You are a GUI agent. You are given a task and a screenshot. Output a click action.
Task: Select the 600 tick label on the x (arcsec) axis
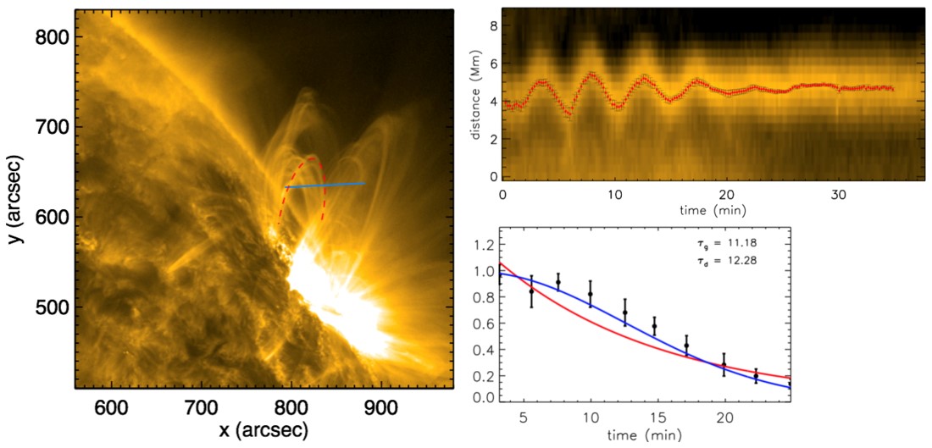110,406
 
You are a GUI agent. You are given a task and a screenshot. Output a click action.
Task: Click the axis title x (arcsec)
264,430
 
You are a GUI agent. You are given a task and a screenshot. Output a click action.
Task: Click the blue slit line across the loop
326,185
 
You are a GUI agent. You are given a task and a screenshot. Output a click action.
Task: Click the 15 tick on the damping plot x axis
657,417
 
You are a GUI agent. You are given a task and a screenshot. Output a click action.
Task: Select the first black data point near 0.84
531,291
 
